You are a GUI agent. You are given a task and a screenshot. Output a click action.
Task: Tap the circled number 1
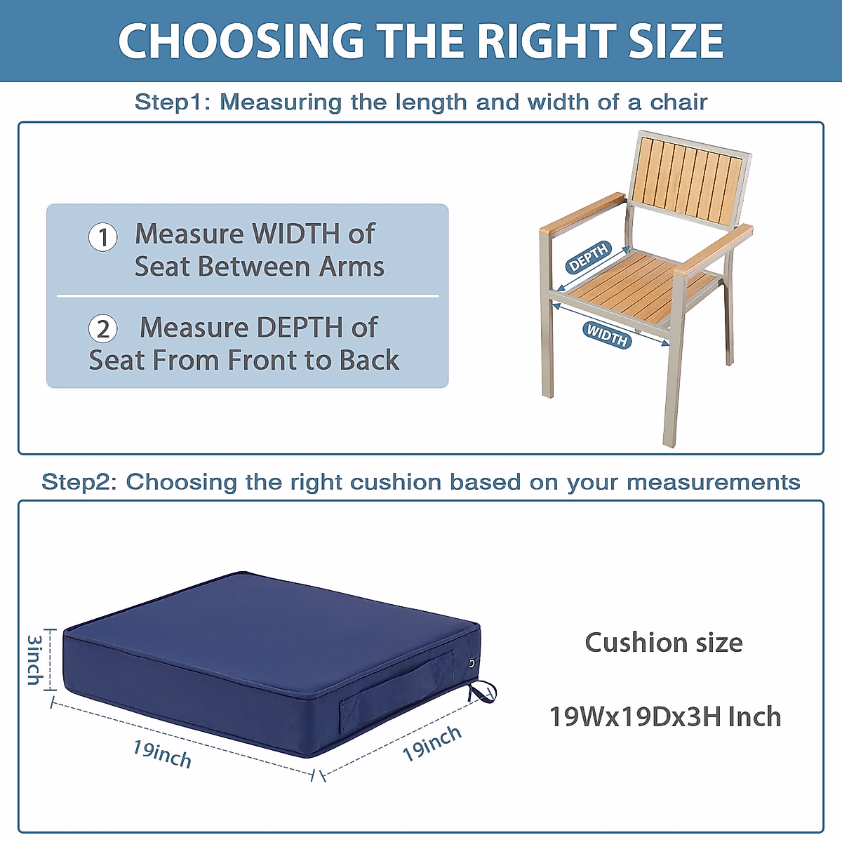coord(103,237)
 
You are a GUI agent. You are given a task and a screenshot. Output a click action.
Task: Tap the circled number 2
coord(103,328)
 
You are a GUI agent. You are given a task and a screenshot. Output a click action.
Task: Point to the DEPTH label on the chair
coord(589,258)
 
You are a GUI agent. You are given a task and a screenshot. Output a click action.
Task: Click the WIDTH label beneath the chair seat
coord(608,335)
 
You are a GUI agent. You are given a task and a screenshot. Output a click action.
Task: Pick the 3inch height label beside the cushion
coord(34,660)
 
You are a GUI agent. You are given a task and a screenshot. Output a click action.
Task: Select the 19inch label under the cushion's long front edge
coord(162,754)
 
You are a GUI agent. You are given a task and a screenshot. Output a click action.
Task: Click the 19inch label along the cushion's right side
coord(432,744)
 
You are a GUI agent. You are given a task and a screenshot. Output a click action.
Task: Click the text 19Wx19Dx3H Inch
coord(664,716)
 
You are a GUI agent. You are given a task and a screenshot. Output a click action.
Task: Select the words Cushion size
coord(664,642)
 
